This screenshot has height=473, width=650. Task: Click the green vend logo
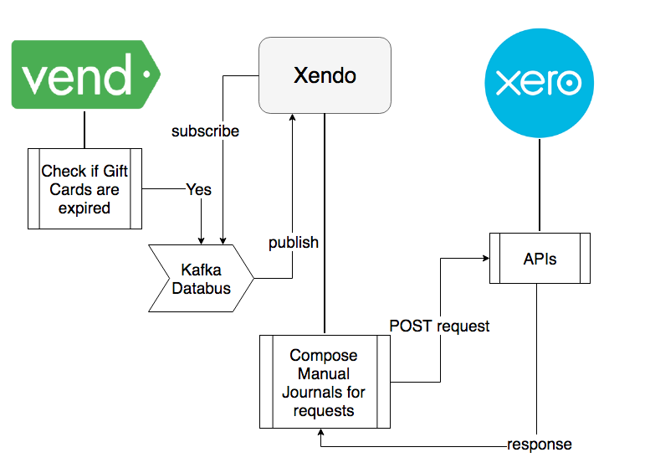[x=84, y=76]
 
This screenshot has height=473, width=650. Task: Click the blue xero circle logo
[x=540, y=83]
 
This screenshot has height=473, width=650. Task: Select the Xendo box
[x=325, y=75]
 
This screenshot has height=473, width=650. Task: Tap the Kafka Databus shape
[x=202, y=279]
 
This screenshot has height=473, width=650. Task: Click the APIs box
[x=540, y=260]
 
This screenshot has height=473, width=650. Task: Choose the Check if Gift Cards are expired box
[x=84, y=188]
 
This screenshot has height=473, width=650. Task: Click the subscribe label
[x=205, y=131]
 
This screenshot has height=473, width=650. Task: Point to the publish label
[x=293, y=243]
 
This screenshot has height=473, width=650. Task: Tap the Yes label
[x=198, y=189]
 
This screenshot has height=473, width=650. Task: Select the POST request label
[x=439, y=326]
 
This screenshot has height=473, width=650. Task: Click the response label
[x=540, y=445]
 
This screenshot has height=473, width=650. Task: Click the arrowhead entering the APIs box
[x=484, y=260]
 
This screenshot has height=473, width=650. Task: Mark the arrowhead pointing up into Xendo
[x=292, y=120]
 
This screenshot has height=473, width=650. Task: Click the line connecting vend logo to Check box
[x=84, y=129]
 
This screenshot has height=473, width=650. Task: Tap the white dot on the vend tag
[x=147, y=75]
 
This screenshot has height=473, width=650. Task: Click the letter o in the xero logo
[x=570, y=83]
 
